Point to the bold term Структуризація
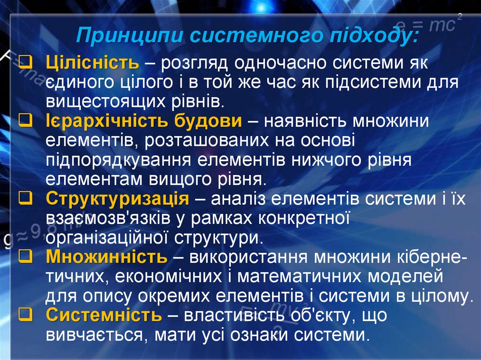tap(117, 199)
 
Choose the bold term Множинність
tap(107, 257)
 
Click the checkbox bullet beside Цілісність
tap(26, 63)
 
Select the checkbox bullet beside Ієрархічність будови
tap(26, 121)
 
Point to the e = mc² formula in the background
tap(428, 24)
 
